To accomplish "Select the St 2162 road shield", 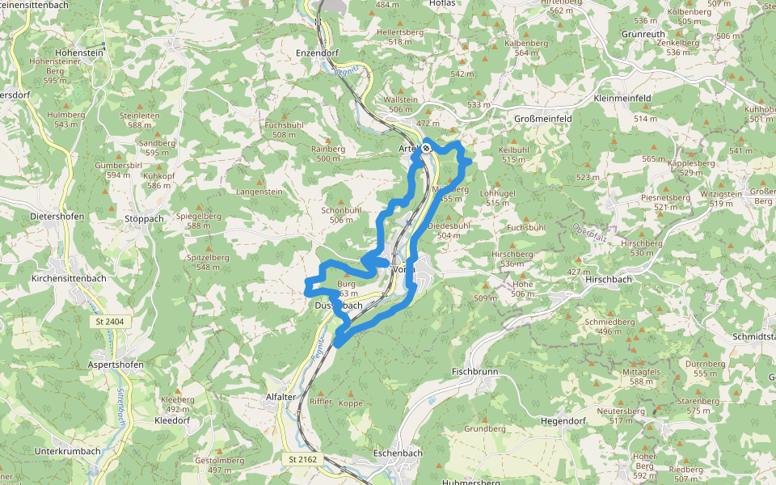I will [x=303, y=459].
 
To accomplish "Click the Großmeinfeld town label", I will [x=543, y=119].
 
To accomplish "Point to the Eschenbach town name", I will [x=398, y=453].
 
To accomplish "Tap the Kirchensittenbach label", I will [x=69, y=278].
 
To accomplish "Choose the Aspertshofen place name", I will [x=116, y=365].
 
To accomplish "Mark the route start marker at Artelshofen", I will [x=426, y=148].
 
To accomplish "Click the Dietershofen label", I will [x=57, y=217].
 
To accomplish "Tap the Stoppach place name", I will [x=145, y=219].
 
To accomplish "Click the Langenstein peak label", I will [x=259, y=192].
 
